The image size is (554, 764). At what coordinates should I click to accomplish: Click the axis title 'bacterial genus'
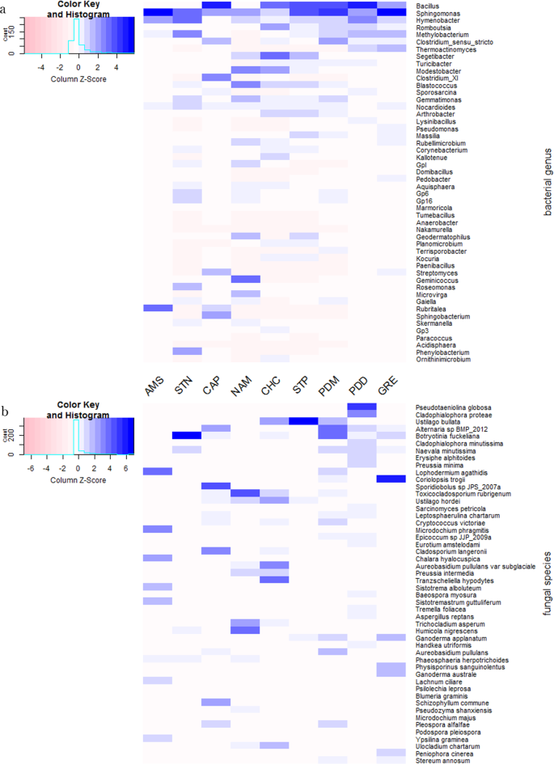click(x=547, y=181)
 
